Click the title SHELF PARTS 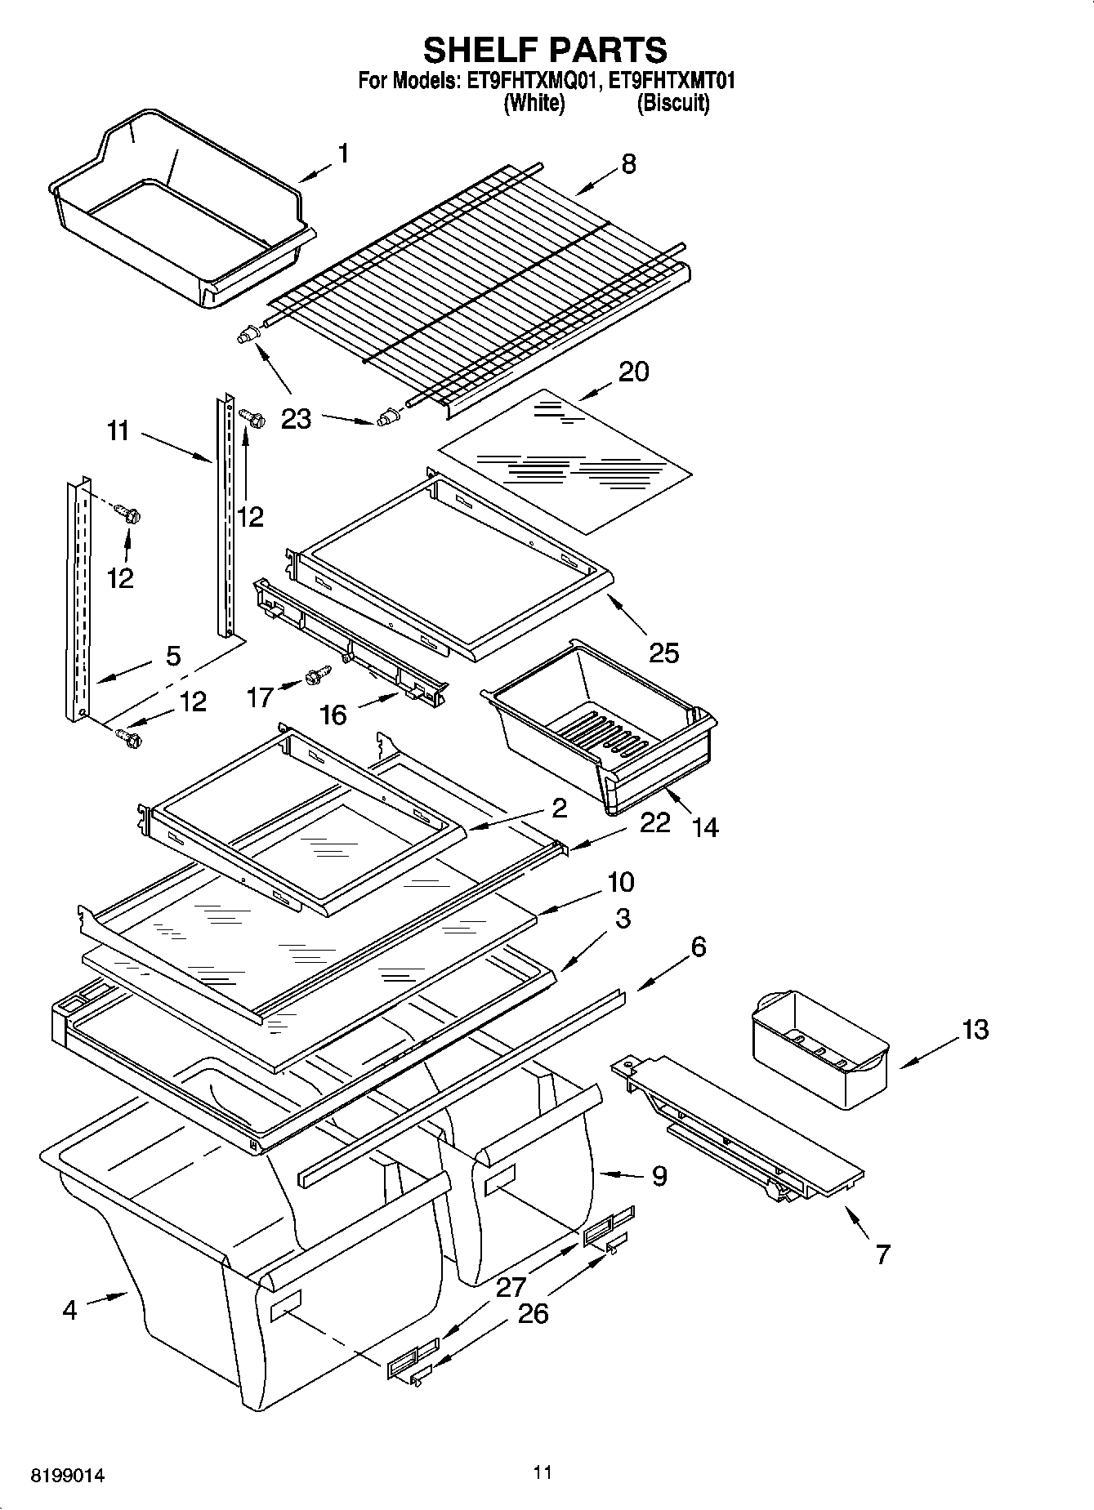coord(545,51)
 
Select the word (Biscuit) coord(672,104)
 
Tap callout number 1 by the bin coord(343,154)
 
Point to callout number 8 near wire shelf coord(627,163)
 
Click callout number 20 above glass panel coord(633,372)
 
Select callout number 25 coord(663,653)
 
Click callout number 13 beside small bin coord(974,1029)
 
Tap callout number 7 coord(882,1254)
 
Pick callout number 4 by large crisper coord(69,1310)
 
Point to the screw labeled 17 coord(318,676)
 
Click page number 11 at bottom coord(543,1472)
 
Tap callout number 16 coord(333,715)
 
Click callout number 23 coord(296,419)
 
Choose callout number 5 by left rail coord(173,656)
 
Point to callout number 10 coord(620,882)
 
